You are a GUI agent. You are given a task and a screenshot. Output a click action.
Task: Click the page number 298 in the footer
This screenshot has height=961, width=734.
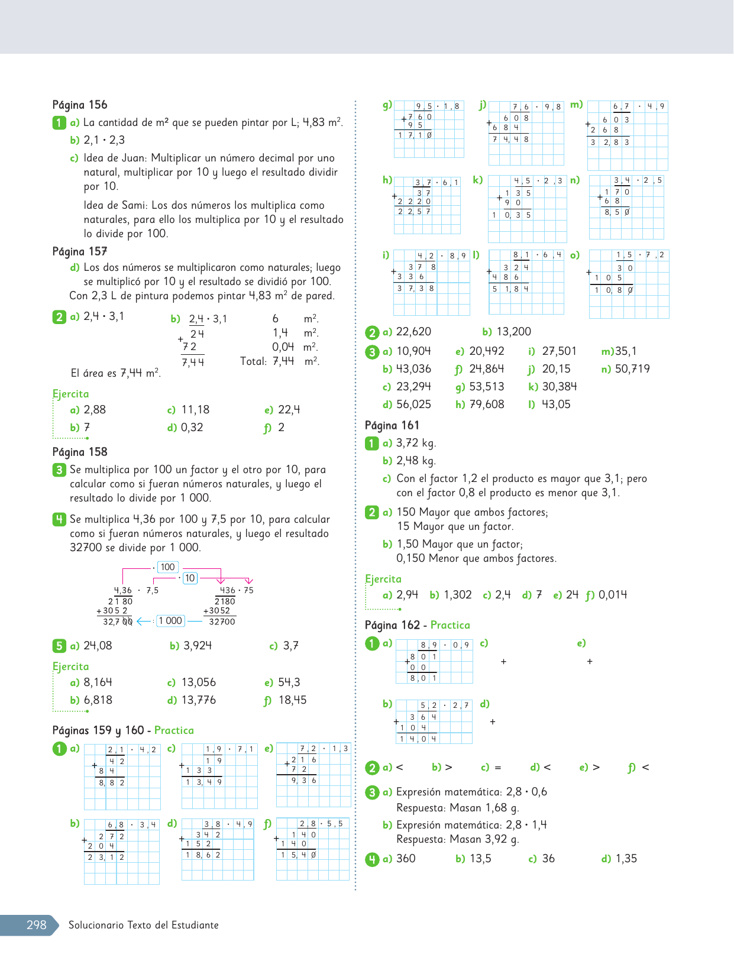pos(36,925)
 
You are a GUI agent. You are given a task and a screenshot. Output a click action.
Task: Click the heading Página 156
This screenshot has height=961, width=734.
pos(80,105)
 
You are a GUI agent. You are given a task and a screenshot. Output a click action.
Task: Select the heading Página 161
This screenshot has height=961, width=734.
pos(392,425)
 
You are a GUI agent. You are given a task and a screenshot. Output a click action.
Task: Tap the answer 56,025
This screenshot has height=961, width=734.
pos(413,405)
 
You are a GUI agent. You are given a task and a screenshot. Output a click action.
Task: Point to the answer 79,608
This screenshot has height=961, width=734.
pos(487,405)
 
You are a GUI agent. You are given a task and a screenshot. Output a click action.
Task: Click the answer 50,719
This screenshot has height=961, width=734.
pos(632,369)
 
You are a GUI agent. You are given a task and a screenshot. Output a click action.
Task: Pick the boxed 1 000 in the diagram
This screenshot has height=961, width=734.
pos(170,620)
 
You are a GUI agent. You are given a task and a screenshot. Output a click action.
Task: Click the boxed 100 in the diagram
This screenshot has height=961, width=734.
pos(168,567)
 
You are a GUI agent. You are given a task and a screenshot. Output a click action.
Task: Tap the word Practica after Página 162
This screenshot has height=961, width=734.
pos(450,625)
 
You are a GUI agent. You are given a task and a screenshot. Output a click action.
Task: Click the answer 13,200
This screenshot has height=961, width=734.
pos(513,332)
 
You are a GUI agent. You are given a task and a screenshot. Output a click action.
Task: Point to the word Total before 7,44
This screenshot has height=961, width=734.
pos(253,361)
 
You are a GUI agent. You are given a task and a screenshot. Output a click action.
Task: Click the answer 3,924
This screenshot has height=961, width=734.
pos(198,646)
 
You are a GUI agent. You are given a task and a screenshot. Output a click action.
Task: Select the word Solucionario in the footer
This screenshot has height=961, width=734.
pos(95,925)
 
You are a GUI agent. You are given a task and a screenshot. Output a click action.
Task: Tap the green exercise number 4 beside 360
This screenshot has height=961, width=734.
pos(371,859)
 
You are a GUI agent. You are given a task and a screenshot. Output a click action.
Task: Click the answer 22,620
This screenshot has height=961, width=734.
pos(413,332)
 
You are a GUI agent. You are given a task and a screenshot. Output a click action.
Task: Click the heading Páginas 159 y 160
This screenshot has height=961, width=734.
pos(99,730)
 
